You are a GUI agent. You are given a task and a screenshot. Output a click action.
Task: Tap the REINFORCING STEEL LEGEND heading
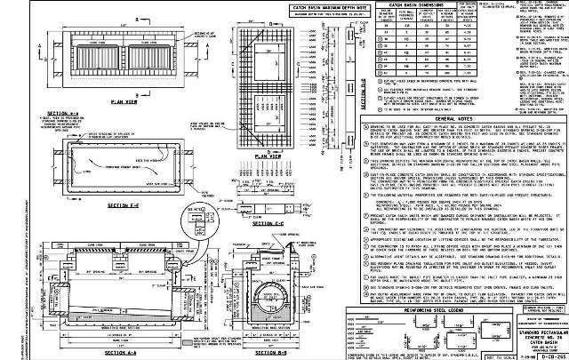pos(415,300)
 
